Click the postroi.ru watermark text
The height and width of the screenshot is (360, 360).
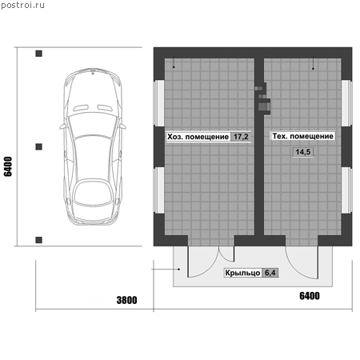[22, 6]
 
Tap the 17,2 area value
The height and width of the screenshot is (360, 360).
[241, 137]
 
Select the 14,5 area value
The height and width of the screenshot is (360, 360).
[303, 152]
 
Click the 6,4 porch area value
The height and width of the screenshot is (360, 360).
[270, 273]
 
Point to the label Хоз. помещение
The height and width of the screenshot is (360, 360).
[198, 137]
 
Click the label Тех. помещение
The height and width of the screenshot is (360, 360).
[302, 136]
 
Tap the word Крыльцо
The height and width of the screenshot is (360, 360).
[242, 273]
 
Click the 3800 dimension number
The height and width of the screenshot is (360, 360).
[127, 300]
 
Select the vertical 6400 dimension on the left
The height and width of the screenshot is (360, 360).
[8, 166]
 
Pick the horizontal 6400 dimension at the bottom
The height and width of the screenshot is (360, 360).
[310, 296]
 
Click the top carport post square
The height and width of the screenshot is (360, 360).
[38, 54]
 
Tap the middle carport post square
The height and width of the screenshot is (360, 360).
[38, 146]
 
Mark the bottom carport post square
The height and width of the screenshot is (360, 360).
[38, 240]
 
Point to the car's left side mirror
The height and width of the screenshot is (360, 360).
[62, 126]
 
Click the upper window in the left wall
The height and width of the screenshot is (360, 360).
[159, 102]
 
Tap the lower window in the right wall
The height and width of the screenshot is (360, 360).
[346, 190]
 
